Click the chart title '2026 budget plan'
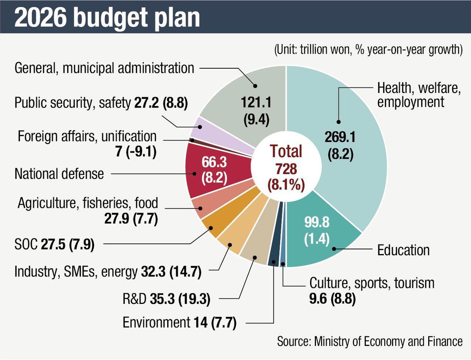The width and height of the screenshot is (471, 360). (107, 17)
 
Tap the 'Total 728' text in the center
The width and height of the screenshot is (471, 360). (286, 161)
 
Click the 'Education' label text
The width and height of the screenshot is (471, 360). (403, 250)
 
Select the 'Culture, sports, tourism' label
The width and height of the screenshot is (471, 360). (372, 282)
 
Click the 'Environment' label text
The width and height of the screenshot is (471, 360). (156, 323)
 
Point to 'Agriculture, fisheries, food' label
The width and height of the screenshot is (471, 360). (88, 203)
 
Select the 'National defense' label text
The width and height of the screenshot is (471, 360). (59, 173)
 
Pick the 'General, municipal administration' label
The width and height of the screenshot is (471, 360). (104, 68)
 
